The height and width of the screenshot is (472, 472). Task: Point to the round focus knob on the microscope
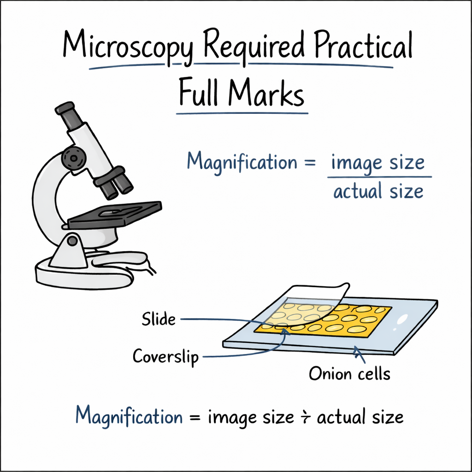click(71, 158)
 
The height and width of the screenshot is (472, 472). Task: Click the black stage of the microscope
click(115, 214)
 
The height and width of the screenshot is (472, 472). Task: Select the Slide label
click(159, 319)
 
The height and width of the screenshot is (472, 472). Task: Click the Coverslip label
click(166, 356)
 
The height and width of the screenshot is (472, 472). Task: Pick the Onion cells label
click(349, 373)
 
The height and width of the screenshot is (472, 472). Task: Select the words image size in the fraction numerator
click(378, 163)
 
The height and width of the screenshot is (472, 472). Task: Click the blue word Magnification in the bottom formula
click(129, 416)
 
